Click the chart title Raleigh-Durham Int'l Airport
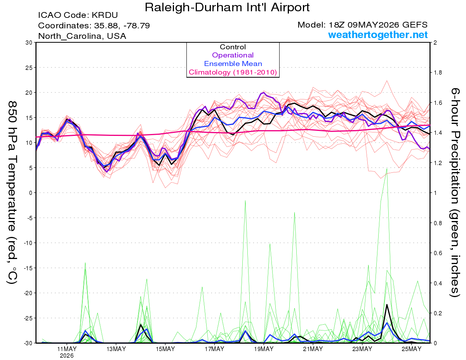[x=227, y=7]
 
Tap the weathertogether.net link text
[x=378, y=35]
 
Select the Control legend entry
[x=233, y=47]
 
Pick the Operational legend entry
[x=233, y=55]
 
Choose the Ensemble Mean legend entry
[x=233, y=64]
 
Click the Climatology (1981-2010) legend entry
[x=233, y=72]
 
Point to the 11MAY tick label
[x=67, y=349]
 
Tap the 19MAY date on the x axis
[x=264, y=349]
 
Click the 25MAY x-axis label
[x=411, y=349]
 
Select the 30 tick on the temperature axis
[x=29, y=43]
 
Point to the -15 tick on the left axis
[x=28, y=268]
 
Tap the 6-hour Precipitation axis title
[x=455, y=193]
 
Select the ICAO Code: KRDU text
[x=78, y=15]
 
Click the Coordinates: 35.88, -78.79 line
[x=94, y=26]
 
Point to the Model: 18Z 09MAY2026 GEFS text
[x=362, y=25]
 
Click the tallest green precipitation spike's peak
[x=387, y=169]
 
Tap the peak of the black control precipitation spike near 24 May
[x=387, y=304]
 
